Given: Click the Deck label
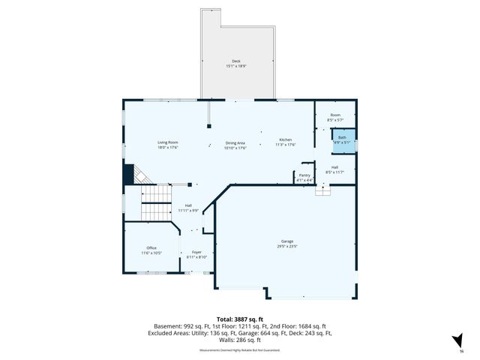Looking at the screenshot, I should click(235, 61).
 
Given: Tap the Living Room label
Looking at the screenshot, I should click(167, 142).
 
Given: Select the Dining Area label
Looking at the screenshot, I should click(235, 142).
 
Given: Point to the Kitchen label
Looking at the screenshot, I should click(285, 140).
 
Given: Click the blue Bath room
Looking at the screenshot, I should click(342, 139).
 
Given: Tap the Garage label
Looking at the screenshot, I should click(287, 241).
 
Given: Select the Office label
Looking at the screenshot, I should click(151, 247).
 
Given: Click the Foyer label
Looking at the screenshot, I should click(196, 252).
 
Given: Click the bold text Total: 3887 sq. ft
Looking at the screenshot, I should click(239, 319).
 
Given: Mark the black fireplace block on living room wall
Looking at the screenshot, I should click(127, 175).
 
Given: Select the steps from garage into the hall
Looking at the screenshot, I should click(322, 191).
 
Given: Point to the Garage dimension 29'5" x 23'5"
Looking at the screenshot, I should click(287, 246).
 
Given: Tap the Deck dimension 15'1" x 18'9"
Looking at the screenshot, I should click(235, 66).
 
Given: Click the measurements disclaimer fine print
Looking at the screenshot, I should click(239, 349).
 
